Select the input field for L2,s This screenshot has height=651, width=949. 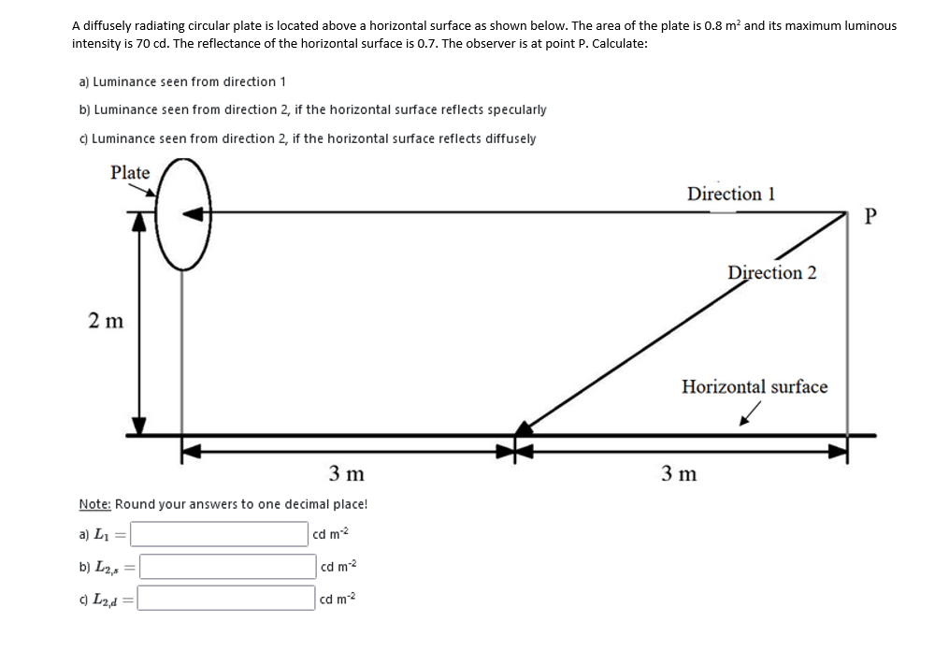tap(227, 566)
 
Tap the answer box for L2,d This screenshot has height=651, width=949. tap(226, 597)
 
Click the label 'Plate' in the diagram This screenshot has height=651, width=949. tap(130, 172)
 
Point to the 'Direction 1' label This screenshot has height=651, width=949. tap(730, 194)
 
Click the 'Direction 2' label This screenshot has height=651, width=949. tap(771, 272)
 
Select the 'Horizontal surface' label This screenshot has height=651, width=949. tap(754, 386)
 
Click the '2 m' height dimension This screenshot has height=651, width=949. tap(106, 321)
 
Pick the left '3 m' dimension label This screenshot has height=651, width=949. tap(347, 472)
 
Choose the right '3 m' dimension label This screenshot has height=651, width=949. tap(680, 472)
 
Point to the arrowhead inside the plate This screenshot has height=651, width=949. tap(195, 213)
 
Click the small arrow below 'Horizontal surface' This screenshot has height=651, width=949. tap(747, 414)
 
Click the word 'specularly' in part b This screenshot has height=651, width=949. tap(516, 109)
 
